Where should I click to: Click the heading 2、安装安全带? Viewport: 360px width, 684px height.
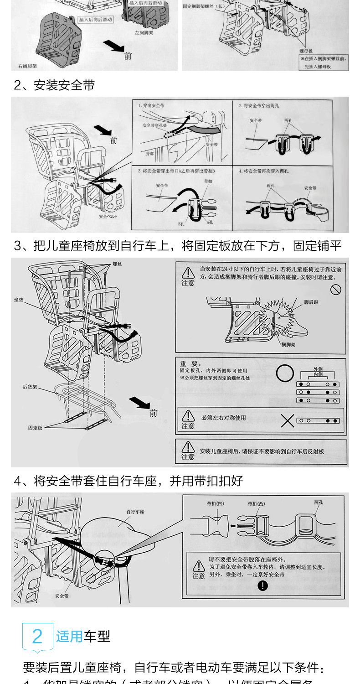(54, 85)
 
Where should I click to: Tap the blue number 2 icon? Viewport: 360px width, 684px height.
(37, 636)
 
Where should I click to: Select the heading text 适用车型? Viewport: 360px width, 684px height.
(83, 636)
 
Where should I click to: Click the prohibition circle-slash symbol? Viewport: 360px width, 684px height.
(336, 289)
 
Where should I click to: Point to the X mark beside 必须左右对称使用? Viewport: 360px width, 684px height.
(287, 420)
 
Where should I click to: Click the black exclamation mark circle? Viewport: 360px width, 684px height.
(262, 586)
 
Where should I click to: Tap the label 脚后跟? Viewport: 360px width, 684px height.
(312, 302)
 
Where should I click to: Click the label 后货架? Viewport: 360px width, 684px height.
(30, 387)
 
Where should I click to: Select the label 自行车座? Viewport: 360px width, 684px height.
(135, 512)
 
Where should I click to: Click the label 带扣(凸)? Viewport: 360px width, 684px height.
(256, 504)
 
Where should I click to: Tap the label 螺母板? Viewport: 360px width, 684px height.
(306, 52)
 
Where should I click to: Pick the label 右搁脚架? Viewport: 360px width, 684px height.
(27, 66)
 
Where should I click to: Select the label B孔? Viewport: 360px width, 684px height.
(181, 224)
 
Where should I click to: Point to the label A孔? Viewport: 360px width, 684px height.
(210, 222)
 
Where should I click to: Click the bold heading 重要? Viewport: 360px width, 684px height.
(190, 364)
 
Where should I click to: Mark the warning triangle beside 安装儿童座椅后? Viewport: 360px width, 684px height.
(188, 446)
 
